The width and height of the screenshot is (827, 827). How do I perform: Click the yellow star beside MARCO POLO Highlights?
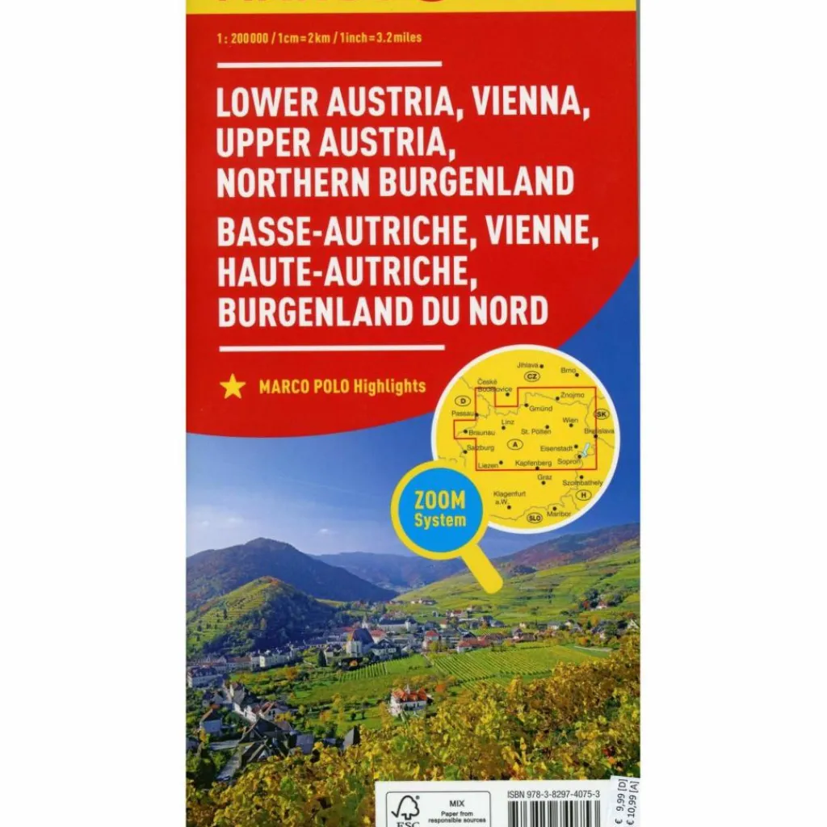click(233, 386)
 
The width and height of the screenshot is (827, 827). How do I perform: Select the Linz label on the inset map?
click(507, 422)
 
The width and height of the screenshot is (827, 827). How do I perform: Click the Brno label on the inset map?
click(569, 369)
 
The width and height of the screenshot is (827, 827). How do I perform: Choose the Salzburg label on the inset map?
click(480, 447)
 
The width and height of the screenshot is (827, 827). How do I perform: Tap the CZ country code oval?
click(531, 376)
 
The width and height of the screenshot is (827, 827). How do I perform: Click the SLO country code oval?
click(534, 518)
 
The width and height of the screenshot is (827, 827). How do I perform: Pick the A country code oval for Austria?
click(514, 444)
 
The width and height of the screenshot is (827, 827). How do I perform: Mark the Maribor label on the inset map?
click(559, 514)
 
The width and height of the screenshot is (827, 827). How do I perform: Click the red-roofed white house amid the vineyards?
click(408, 700)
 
